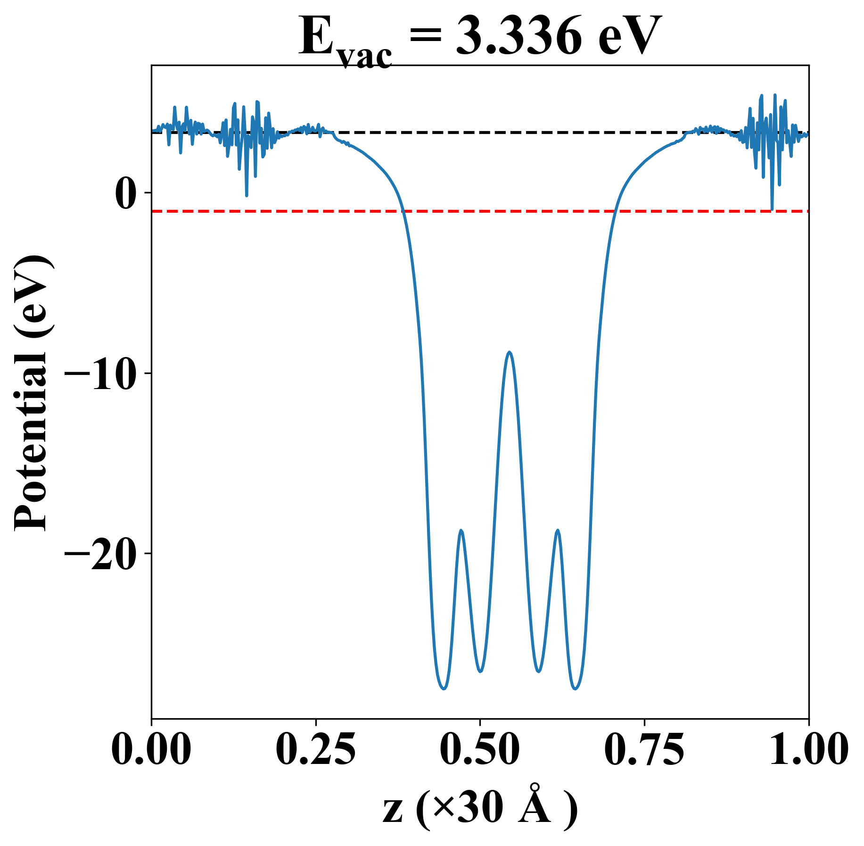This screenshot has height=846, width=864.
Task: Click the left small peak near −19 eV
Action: tap(461, 531)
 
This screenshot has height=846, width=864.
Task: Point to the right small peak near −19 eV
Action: tap(558, 530)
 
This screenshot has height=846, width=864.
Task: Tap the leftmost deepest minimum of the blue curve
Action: tap(443, 689)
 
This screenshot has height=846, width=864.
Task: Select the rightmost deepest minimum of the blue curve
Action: tap(575, 689)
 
